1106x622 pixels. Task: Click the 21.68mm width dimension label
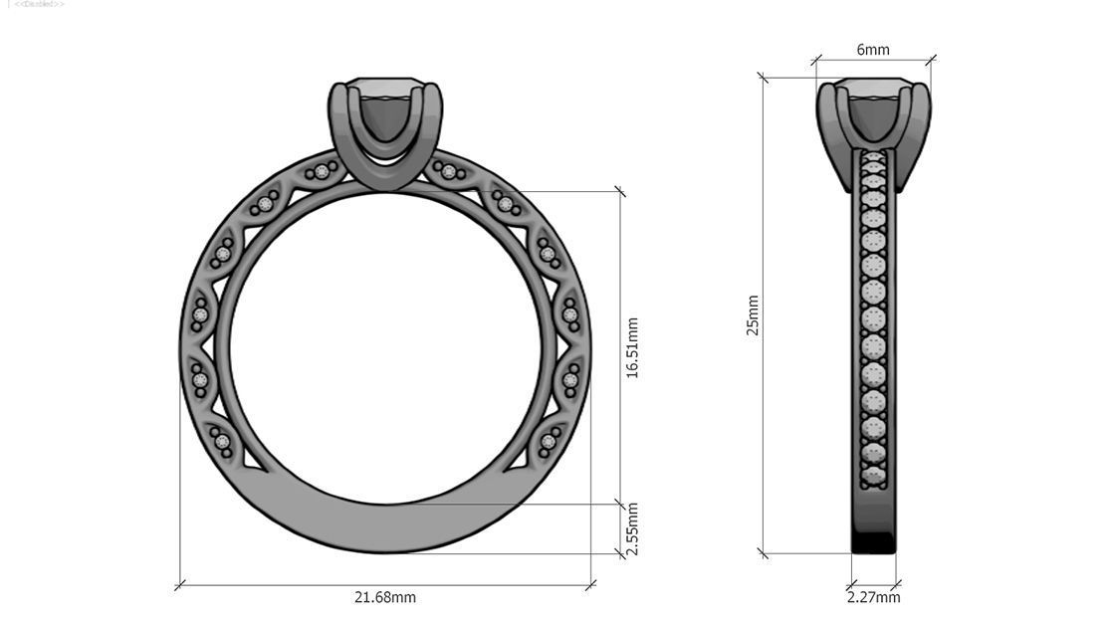[385, 597]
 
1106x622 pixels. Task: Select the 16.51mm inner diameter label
[632, 347]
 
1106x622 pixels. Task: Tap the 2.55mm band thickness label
[632, 529]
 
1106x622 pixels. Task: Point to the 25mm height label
[754, 315]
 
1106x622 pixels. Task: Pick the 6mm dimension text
[873, 50]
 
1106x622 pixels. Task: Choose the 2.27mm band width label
[873, 597]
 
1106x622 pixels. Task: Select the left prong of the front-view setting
[341, 124]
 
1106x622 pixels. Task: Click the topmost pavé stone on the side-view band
[873, 158]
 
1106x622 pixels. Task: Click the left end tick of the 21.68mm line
[180, 585]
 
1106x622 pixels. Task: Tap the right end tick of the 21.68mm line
[591, 585]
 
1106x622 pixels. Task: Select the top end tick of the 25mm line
[764, 77]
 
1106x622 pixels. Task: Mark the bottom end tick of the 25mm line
[764, 553]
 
